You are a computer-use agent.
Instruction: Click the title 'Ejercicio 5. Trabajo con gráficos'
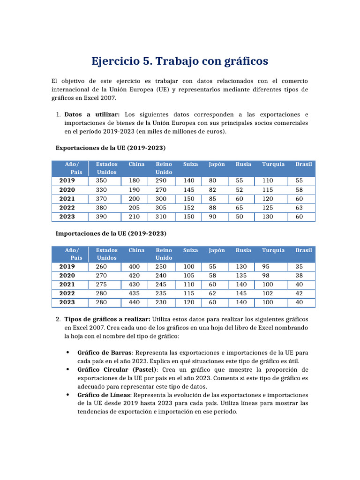tap(180, 61)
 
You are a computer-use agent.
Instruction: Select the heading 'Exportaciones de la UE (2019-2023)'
tap(111, 148)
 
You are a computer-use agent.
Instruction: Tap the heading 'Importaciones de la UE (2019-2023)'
tap(111, 233)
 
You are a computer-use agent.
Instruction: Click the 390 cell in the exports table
tap(101, 217)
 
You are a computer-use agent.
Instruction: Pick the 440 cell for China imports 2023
tap(135, 302)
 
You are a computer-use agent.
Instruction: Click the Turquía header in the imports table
tap(273, 250)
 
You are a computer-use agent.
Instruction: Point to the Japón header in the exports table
tap(217, 165)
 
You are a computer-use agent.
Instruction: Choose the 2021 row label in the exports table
tap(67, 199)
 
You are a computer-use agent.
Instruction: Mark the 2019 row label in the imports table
tap(67, 266)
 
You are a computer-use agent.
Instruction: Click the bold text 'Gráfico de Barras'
tap(105, 352)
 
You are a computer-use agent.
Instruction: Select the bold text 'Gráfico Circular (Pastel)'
tap(118, 370)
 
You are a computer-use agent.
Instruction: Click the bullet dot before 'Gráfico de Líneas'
tap(68, 395)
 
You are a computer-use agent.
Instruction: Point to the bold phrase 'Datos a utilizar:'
tap(92, 114)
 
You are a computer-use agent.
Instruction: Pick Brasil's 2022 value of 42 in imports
tap(300, 293)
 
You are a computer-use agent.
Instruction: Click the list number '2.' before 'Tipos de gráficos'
tap(58, 319)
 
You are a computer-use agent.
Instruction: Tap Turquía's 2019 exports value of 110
tap(268, 181)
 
